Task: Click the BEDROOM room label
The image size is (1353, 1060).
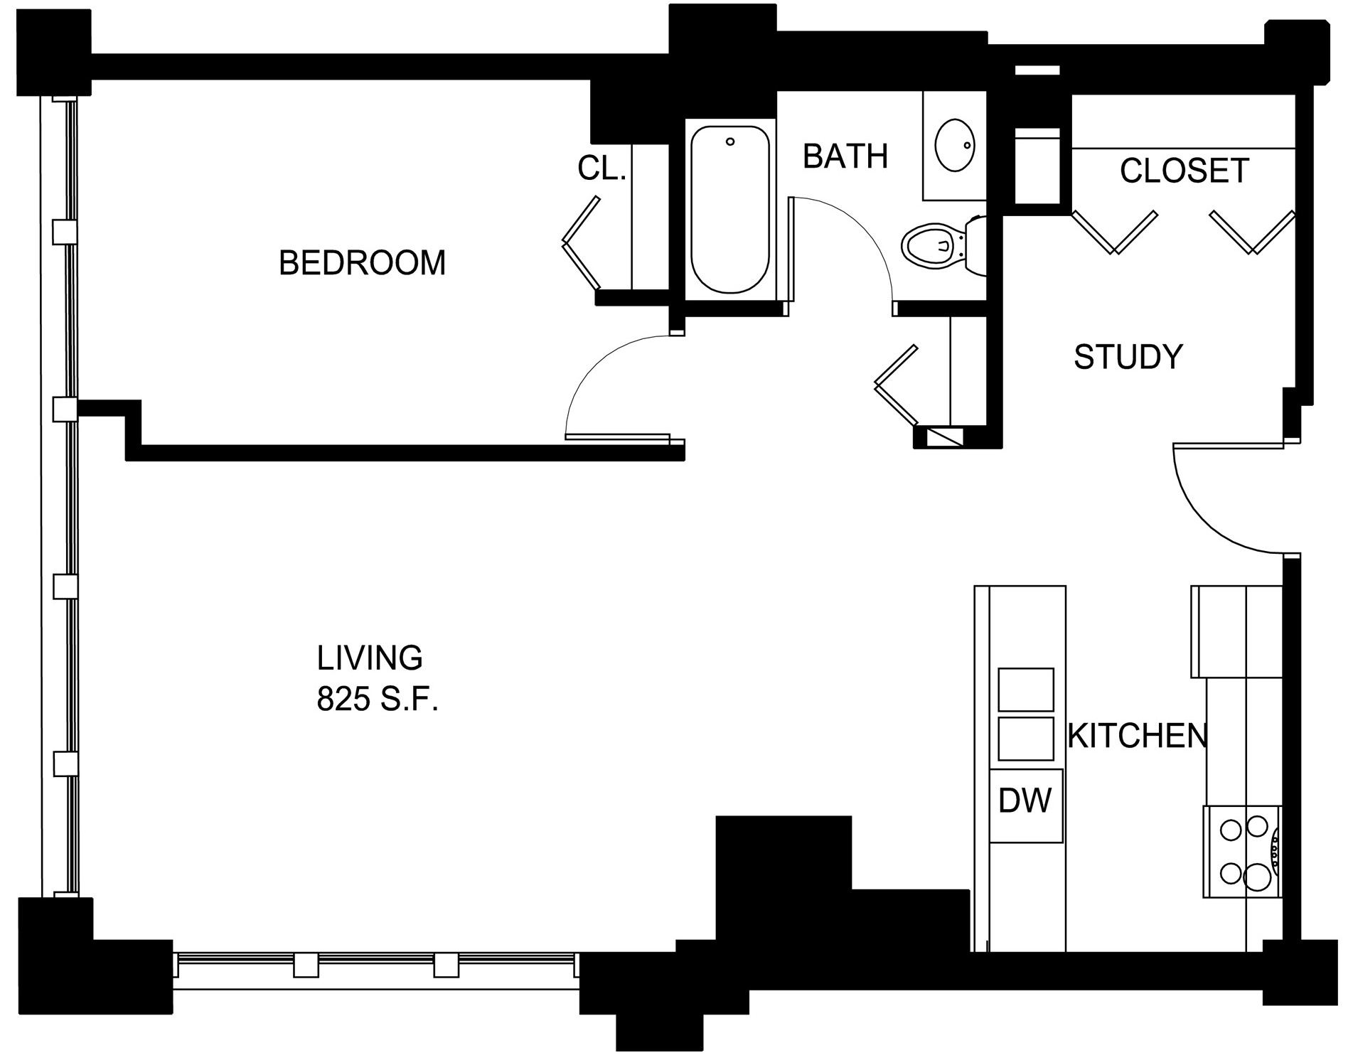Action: pos(362,262)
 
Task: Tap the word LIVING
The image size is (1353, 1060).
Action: pos(370,658)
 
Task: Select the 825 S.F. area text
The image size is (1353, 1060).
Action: pos(377,700)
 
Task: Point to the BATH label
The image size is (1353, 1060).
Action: pos(845,156)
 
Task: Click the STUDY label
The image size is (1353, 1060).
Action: pos(1128,356)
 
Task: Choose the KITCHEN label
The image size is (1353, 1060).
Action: pos(1138,736)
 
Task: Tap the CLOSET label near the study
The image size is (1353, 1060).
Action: pos(1184,171)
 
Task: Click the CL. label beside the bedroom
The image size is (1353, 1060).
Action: pos(601,168)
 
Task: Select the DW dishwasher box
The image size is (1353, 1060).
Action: pos(1025,805)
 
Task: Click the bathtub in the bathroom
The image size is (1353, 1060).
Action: pos(730,209)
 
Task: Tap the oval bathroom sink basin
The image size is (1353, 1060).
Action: pos(954,146)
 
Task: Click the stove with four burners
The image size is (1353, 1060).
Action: pos(1242,851)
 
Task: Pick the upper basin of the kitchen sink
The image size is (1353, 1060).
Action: pos(1025,690)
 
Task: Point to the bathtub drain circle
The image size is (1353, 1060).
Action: pos(730,142)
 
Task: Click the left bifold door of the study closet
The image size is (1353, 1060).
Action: pos(1114,232)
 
